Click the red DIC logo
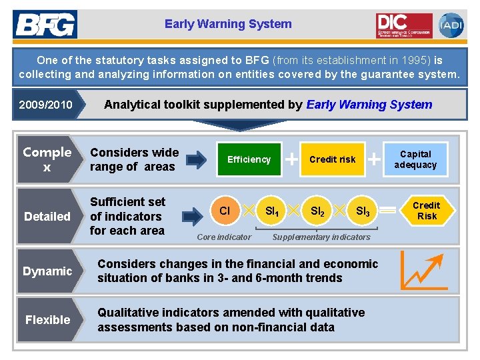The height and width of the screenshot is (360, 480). (404, 25)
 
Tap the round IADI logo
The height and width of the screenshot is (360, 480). (451, 25)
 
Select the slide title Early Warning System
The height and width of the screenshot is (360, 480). (228, 24)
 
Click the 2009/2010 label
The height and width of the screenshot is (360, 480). (46, 105)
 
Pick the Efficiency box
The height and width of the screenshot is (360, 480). (249, 159)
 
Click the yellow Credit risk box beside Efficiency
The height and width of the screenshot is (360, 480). (332, 159)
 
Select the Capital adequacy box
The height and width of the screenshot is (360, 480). (415, 159)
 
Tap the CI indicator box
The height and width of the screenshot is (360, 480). (225, 211)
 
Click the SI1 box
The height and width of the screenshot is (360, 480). (272, 211)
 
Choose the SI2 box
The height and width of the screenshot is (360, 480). (317, 211)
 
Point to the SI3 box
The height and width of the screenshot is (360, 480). (363, 211)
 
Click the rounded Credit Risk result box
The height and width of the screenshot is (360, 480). (427, 211)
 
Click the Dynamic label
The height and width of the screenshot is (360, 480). (47, 271)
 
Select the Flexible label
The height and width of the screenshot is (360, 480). (47, 320)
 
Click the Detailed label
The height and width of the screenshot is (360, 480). (47, 216)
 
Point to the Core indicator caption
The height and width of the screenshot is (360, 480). (225, 237)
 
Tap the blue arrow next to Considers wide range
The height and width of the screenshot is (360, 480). (197, 160)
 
